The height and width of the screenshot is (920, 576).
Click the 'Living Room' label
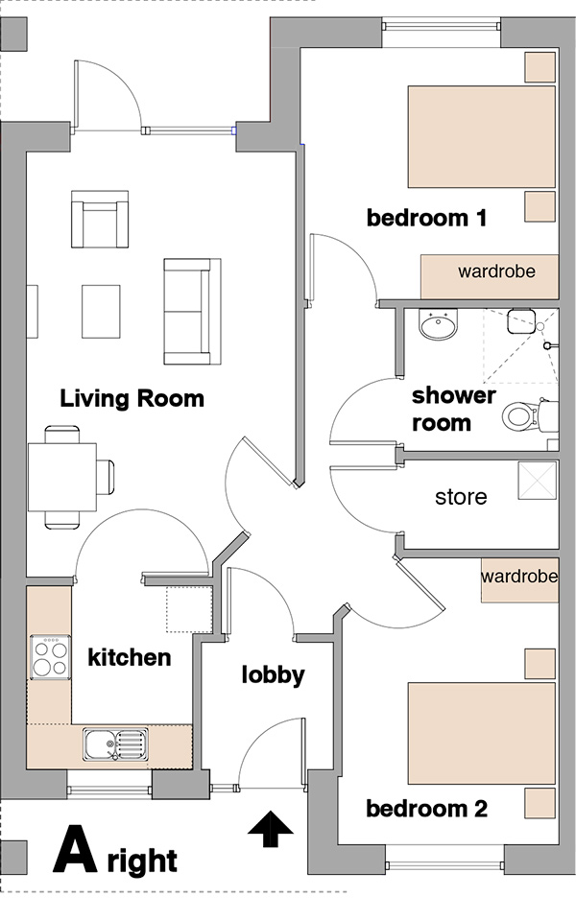pos(132,398)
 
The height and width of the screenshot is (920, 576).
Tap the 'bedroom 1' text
pos(427,218)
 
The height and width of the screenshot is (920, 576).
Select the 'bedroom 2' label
pos(427,809)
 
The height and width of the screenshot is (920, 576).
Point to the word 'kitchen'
pos(130,657)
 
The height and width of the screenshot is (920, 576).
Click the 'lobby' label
pos(273,674)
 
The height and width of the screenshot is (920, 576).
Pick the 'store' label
pos(461,497)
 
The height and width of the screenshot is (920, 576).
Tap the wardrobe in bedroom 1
pos(489,276)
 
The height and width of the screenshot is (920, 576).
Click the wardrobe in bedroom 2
pos(519,580)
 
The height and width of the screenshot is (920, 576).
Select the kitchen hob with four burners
pos(51,657)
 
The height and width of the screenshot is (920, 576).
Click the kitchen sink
pos(115,744)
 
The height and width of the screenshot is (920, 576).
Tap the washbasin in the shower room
pos(438,324)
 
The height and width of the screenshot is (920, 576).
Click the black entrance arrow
pos(270,829)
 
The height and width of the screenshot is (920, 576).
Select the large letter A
pos(75,849)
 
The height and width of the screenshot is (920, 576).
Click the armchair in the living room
pos(100,219)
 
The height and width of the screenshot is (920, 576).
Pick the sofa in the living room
pos(192,312)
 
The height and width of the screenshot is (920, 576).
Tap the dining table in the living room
pos(62,477)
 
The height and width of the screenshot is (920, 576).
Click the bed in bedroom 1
pos(482,137)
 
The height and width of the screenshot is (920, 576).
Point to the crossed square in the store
pos(537,482)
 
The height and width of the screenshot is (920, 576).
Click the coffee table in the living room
pos(101,312)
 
